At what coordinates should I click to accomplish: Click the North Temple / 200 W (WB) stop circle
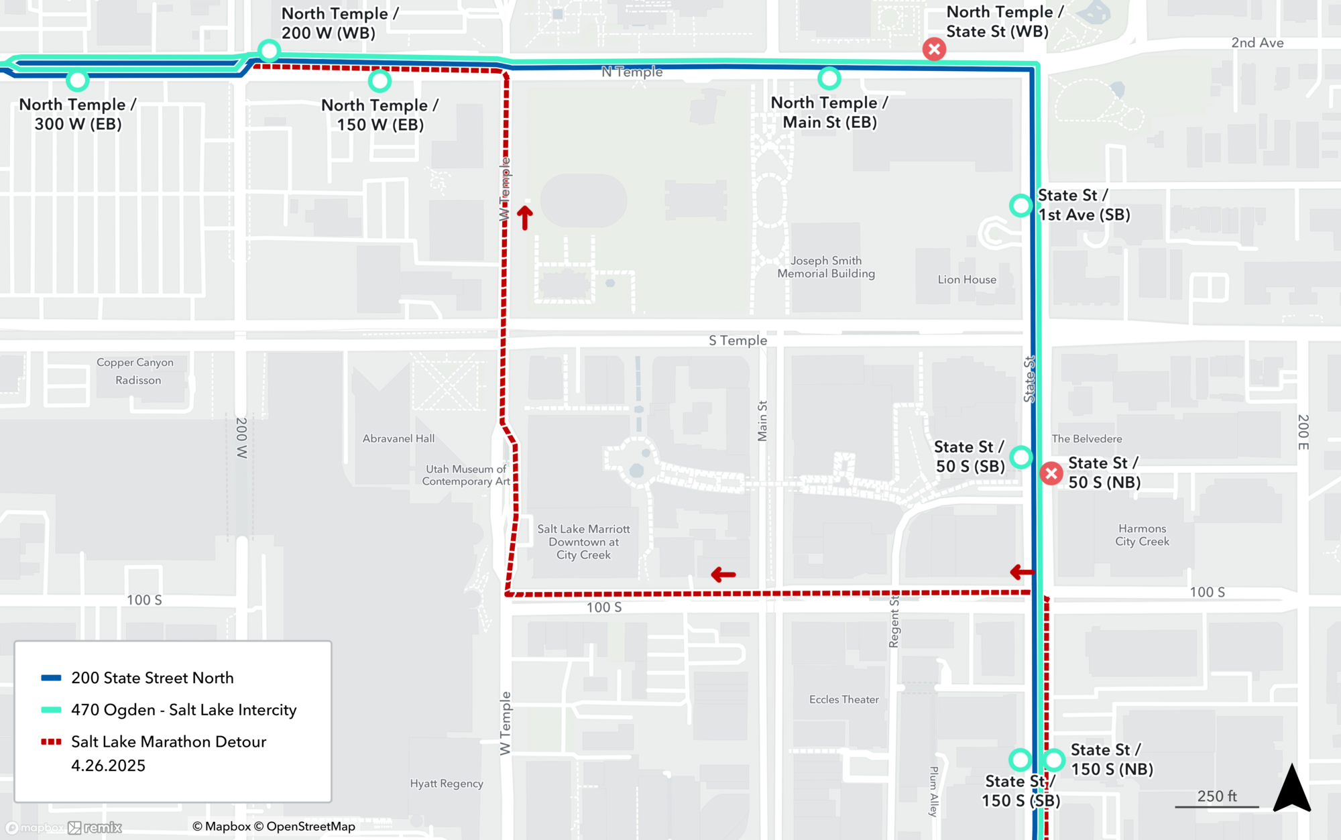(x=269, y=50)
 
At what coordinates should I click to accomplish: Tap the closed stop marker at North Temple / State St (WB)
(x=934, y=49)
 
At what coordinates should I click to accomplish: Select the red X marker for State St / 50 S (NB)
(x=1051, y=473)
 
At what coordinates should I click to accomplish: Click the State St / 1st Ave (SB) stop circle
(x=1021, y=205)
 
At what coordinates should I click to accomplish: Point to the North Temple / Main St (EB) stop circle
(x=829, y=78)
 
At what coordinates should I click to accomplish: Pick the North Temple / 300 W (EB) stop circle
(x=78, y=80)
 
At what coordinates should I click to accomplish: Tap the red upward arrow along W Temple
(x=524, y=217)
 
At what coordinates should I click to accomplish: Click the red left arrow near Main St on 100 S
(x=723, y=575)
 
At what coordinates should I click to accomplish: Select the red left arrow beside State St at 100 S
(x=1022, y=572)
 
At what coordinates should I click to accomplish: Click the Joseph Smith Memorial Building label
(x=825, y=267)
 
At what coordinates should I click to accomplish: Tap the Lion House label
(x=966, y=280)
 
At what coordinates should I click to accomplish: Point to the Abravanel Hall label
(x=398, y=438)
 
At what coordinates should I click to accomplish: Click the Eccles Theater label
(x=843, y=699)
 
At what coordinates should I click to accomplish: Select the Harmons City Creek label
(x=1142, y=535)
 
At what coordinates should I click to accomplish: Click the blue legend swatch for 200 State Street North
(x=51, y=678)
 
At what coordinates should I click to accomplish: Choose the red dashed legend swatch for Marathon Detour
(x=51, y=741)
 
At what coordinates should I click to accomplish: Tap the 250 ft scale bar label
(x=1216, y=796)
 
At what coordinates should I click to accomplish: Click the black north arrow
(x=1291, y=789)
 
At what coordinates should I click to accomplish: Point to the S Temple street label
(x=738, y=341)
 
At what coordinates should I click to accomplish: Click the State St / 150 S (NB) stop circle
(x=1053, y=760)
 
